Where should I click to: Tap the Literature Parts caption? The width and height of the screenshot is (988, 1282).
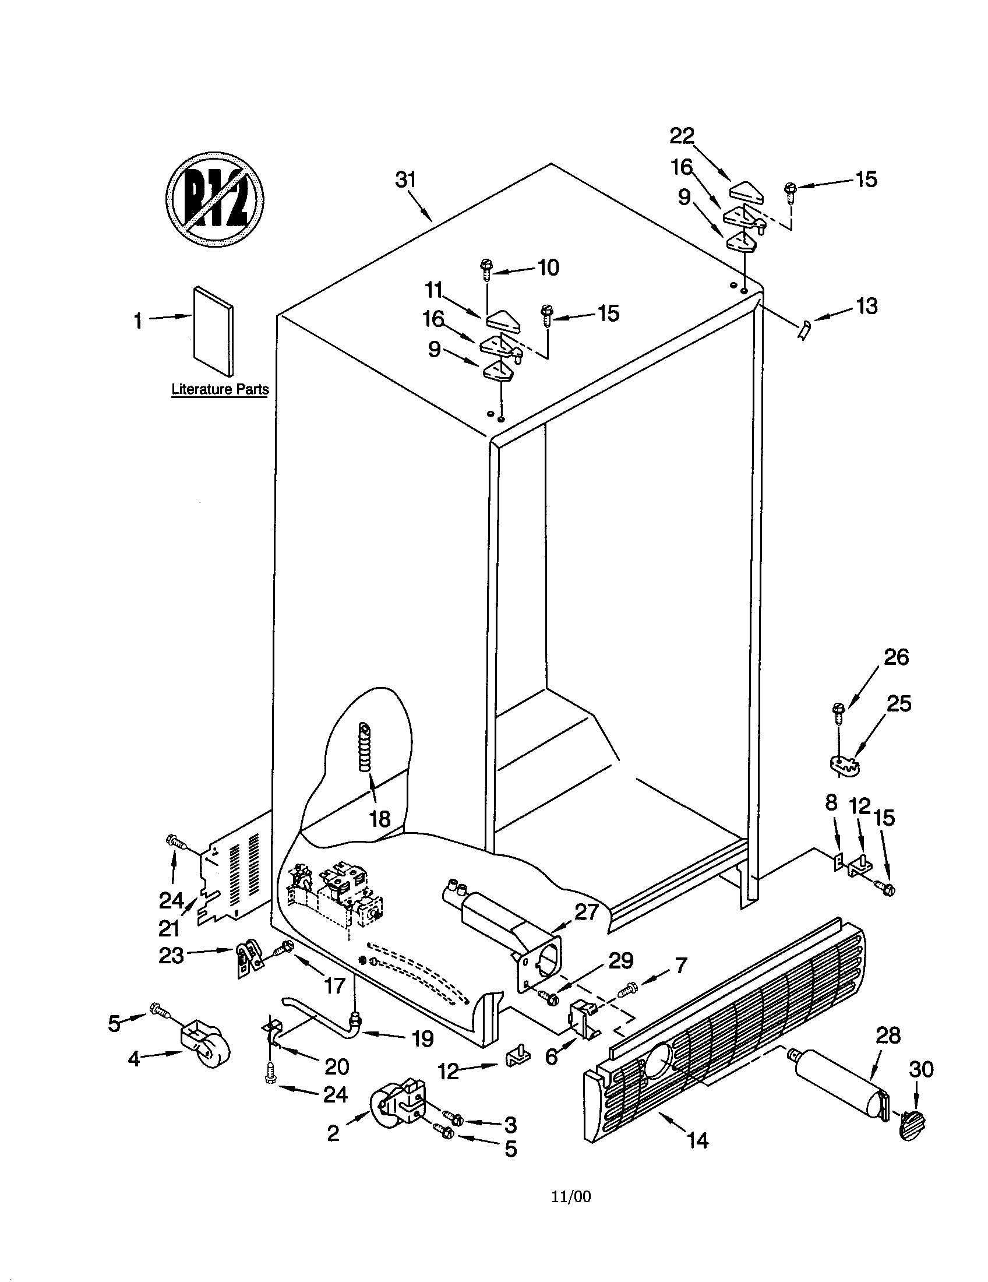220,389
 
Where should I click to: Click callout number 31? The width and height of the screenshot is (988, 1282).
405,179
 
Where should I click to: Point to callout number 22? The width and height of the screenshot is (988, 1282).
682,136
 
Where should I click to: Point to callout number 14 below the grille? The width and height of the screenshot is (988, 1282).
697,1140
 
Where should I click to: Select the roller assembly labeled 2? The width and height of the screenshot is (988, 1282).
399,1104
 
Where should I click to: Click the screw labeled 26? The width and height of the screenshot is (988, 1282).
838,712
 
